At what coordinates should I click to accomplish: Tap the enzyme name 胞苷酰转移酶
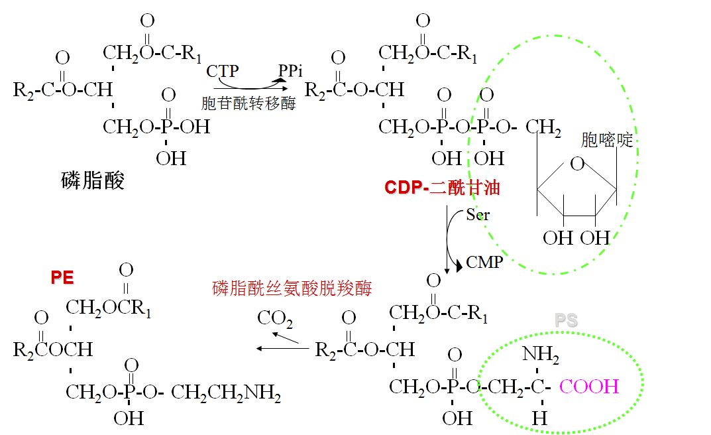coord(248,103)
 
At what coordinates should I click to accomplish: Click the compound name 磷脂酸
coord(93,180)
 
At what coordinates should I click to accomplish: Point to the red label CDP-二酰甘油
coord(442,188)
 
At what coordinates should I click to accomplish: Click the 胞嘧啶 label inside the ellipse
coord(607,140)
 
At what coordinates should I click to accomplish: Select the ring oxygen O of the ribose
coord(578,164)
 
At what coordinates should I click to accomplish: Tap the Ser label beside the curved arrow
coord(477,215)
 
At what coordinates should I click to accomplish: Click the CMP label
coord(484,262)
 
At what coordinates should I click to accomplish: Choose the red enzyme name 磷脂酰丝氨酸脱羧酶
coord(292,288)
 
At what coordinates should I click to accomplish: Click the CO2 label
coord(275,319)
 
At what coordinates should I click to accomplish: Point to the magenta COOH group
coord(589,386)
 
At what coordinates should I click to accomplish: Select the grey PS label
coord(567,321)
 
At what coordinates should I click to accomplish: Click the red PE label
coord(62,278)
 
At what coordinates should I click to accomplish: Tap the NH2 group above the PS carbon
coord(540,355)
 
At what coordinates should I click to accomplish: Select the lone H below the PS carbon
coord(539,418)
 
